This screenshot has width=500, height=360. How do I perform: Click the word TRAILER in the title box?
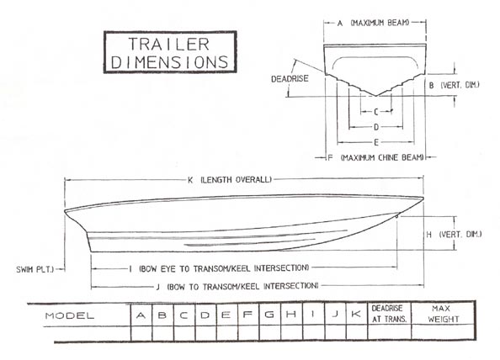[x=169, y=45]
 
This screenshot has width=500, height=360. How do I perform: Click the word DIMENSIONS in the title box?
[x=170, y=62]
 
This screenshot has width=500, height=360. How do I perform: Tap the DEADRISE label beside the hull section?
[x=290, y=79]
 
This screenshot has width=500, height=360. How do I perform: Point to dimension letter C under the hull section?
[x=376, y=112]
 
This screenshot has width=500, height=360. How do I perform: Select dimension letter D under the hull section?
[x=376, y=127]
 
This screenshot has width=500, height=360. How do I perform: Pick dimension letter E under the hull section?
[x=376, y=142]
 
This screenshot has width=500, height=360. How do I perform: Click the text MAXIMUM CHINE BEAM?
[x=382, y=157]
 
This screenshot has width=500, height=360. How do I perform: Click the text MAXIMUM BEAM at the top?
[x=380, y=23]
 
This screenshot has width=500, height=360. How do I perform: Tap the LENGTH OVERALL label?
[x=237, y=180]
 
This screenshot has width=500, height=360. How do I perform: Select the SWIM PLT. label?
[x=35, y=269]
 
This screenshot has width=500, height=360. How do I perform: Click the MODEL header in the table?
[x=70, y=316]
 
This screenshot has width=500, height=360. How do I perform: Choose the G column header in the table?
[x=269, y=315]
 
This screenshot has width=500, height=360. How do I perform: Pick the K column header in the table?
[x=356, y=314]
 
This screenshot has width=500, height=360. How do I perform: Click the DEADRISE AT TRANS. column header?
[x=389, y=314]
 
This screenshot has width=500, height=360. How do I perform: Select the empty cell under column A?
[x=141, y=333]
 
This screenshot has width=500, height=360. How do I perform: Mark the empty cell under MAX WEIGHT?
[x=443, y=332]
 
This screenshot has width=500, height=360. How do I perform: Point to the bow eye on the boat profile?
[x=396, y=217]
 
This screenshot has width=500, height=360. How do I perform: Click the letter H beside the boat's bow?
[x=429, y=235]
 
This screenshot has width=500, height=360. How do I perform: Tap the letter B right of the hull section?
[x=431, y=86]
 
